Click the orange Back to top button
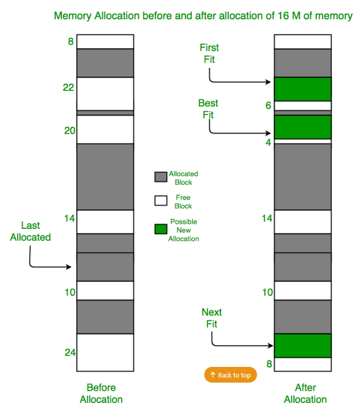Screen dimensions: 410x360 pos(231,375)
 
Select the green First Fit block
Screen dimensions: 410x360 pos(302,89)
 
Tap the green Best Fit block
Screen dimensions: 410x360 pos(302,127)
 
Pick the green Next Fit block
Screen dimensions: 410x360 pos(302,346)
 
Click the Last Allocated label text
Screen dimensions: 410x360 pos(30,231)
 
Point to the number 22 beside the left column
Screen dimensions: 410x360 pos(68,88)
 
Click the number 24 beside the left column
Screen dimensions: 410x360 pos(69,352)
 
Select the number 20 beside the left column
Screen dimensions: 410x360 pos(69,130)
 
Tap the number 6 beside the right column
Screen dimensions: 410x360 pos(268,106)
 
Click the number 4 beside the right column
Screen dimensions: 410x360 pos(268,142)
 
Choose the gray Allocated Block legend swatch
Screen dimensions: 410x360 pos(161,177)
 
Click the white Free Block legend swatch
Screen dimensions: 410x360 pos(161,200)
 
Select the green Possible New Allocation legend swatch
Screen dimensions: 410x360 pos(161,229)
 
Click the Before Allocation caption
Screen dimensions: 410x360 pos(101,393)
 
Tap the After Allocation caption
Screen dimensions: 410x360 pos(305,393)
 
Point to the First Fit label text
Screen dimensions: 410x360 pos(209,53)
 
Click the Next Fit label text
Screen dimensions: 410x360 pos(211,318)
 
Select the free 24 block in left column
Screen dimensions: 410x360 pos(105,352)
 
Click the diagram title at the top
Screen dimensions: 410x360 pos(203,16)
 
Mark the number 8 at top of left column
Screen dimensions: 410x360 pos(70,41)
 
